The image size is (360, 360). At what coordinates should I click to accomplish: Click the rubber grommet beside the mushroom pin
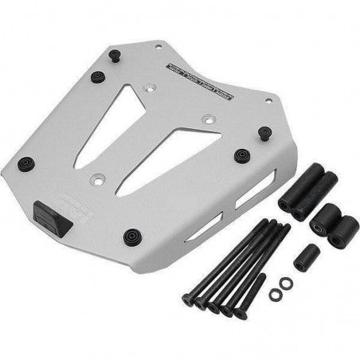98,77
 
